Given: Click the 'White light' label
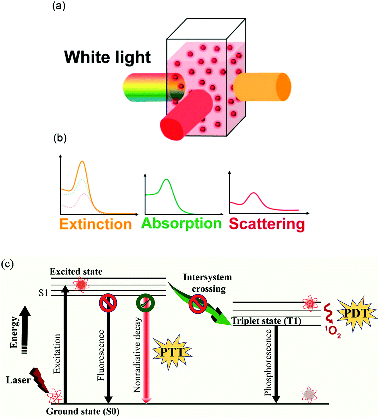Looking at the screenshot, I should point(107,57).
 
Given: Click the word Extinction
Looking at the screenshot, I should point(96,224).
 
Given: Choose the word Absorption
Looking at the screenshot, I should point(182,224).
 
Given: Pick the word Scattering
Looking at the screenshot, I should point(267,224).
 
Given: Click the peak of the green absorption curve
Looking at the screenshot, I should point(166,179).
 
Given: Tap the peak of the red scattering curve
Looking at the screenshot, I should point(254,193).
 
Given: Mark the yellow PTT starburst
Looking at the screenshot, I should point(172,352).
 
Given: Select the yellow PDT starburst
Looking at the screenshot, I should point(356,313).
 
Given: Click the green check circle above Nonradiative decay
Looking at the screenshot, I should point(145,303).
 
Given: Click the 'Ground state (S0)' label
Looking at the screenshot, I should point(83,411).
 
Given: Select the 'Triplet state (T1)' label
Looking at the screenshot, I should point(266,321).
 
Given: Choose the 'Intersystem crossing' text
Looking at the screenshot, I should point(208,283).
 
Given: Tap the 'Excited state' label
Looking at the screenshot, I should point(76,272).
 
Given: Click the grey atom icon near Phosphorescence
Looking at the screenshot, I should point(309,394).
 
